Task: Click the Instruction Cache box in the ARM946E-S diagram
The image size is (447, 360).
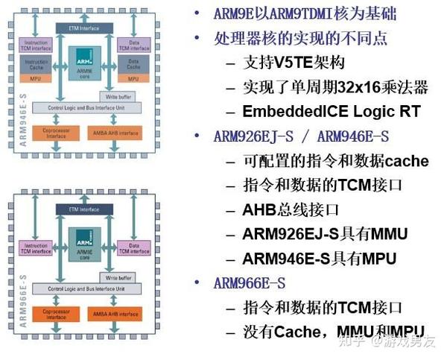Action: point(37,65)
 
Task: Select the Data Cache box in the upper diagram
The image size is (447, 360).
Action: point(133,65)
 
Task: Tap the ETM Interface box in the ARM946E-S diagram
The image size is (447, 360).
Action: point(84,28)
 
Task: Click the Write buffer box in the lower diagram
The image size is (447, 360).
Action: point(119,277)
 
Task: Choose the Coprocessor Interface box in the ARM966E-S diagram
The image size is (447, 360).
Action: point(57,315)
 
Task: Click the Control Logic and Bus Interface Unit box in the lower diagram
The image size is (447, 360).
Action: point(84,288)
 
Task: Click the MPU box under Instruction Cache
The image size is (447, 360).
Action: point(37,78)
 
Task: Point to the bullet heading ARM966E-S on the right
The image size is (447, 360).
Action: point(249,282)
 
